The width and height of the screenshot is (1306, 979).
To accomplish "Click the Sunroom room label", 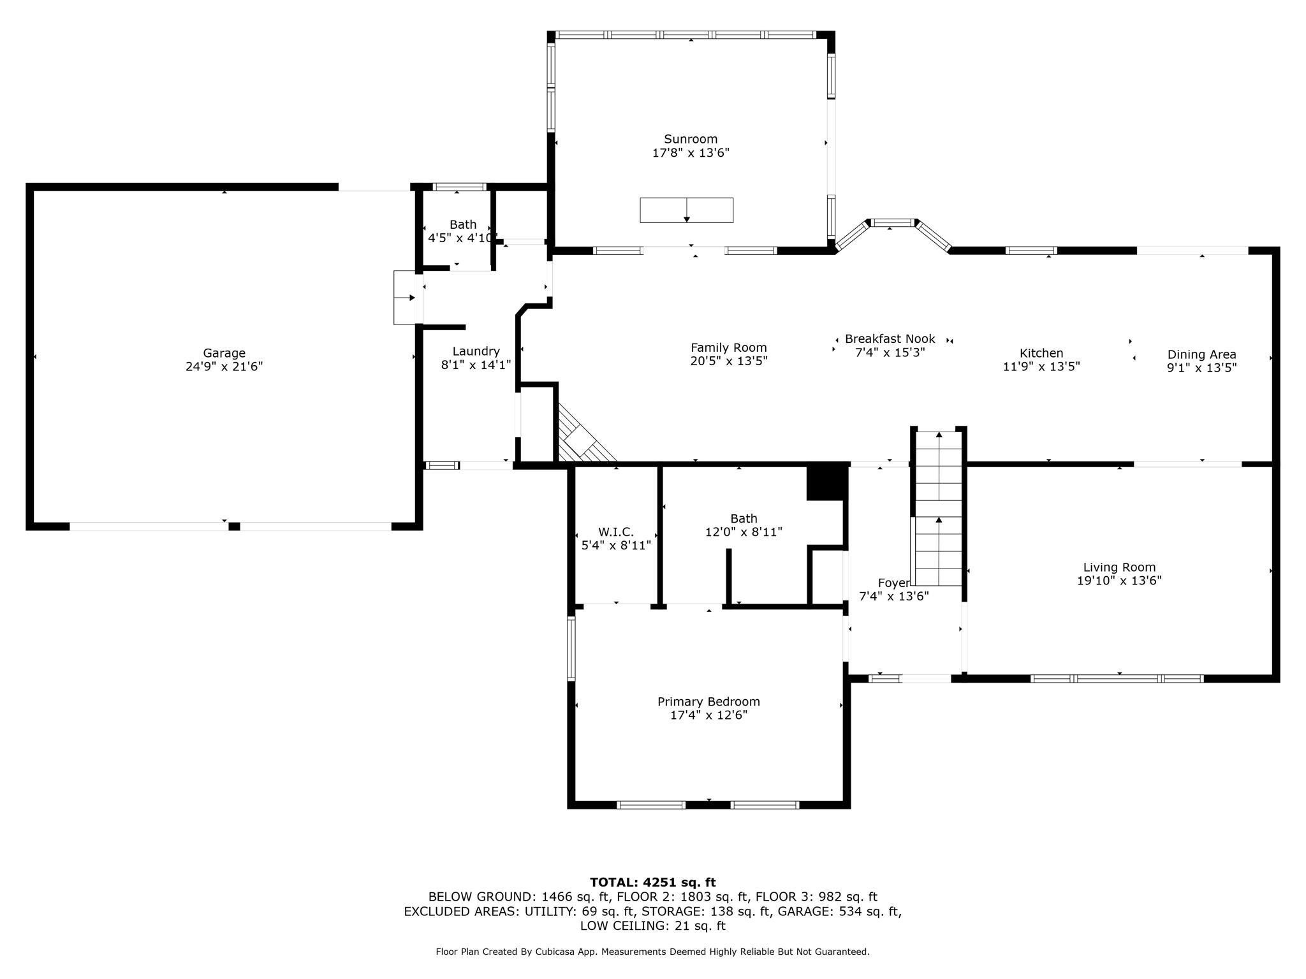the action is (691, 139).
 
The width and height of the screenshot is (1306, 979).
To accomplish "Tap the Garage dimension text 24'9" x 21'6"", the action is (224, 366).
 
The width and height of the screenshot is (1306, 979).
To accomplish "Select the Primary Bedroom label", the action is (708, 702).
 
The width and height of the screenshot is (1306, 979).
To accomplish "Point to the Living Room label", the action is (1119, 567).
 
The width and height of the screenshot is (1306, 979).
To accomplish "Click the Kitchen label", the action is (1041, 353).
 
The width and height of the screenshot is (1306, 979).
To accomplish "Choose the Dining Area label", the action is (1202, 354).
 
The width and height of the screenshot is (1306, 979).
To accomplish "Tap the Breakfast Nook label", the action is (890, 339).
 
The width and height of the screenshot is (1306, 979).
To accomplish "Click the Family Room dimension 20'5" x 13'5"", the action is (729, 361).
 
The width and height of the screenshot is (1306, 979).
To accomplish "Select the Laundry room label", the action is (476, 351).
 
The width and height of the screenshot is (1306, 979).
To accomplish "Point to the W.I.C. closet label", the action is (616, 532).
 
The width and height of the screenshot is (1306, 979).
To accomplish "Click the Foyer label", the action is (893, 583).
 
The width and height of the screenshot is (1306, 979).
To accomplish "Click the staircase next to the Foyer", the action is (939, 508).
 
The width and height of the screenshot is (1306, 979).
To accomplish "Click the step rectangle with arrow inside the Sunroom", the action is (687, 210).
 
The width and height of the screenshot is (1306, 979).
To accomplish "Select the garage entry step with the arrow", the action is (405, 298).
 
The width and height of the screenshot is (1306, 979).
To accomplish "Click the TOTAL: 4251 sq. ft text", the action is (652, 882).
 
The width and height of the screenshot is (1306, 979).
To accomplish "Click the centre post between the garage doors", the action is (234, 526).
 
